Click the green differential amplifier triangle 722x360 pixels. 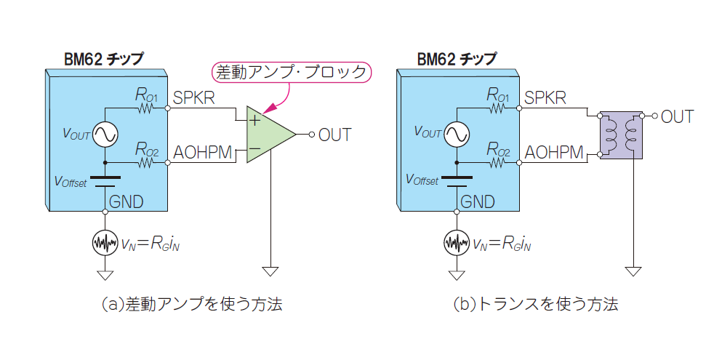268,135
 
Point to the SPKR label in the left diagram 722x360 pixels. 194,97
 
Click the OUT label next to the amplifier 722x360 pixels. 334,135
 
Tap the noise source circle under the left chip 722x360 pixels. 105,243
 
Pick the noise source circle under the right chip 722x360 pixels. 457,243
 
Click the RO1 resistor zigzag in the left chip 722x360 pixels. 145,108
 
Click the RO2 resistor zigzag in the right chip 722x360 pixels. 498,164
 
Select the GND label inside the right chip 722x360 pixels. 478,201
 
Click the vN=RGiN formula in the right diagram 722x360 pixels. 505,244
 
